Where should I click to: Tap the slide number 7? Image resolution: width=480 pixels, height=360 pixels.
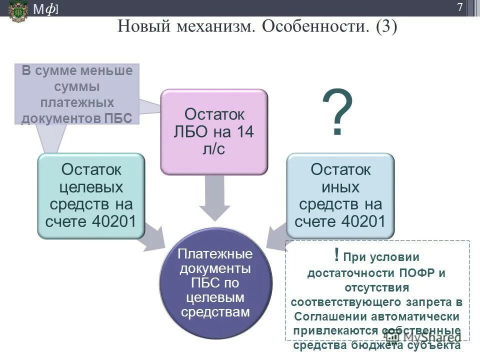point(459,7)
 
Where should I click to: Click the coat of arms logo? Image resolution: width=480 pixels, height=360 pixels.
point(18,10)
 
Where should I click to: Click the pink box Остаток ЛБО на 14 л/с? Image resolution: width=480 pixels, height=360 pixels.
point(214,131)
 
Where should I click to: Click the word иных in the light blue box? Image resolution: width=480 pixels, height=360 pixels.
point(340,187)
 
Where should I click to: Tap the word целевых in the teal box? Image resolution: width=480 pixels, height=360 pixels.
point(91,187)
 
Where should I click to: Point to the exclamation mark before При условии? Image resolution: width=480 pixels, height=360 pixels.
point(336,256)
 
